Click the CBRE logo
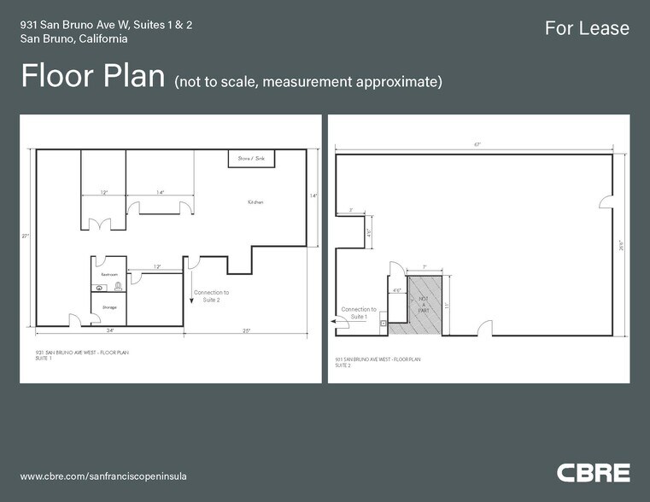point(593,472)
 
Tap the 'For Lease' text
point(587,28)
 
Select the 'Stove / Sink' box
point(250,159)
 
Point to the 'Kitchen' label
point(255,202)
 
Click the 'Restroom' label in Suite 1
point(108,275)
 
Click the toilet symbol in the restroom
point(118,288)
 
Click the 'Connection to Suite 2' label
point(211,295)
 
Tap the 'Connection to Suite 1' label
point(358,312)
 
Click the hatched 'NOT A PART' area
point(425,303)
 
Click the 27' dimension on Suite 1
point(26,236)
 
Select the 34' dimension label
point(110,330)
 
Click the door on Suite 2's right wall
point(606,201)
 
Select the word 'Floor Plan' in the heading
point(92,76)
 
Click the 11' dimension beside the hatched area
point(447,304)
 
